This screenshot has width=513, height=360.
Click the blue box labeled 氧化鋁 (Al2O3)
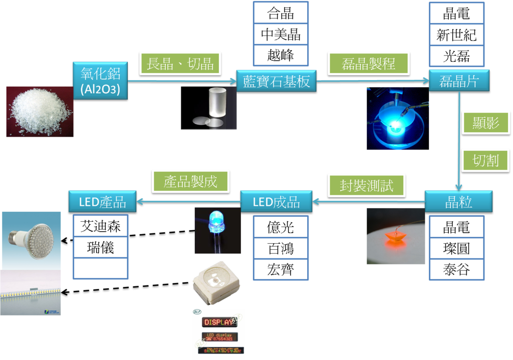(100, 81)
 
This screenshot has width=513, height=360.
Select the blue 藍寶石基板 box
(277, 82)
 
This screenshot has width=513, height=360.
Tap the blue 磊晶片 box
(459, 82)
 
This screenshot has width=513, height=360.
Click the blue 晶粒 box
(458, 202)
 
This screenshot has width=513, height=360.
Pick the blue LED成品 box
(277, 202)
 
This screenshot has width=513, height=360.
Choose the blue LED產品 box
(103, 201)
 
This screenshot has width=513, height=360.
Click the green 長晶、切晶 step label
(180, 64)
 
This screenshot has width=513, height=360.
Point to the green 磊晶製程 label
(368, 64)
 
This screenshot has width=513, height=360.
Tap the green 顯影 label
(486, 123)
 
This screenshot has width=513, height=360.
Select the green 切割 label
(486, 161)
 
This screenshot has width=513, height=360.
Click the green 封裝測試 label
(366, 185)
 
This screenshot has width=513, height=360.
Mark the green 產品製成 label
(190, 181)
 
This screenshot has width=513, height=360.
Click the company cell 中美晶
(281, 35)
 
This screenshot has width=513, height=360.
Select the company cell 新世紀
(456, 35)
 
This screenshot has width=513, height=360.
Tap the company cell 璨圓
(456, 248)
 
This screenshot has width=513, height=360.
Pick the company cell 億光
(281, 227)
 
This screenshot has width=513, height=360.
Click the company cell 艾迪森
(101, 226)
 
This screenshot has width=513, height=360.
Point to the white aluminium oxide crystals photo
(40, 111)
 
